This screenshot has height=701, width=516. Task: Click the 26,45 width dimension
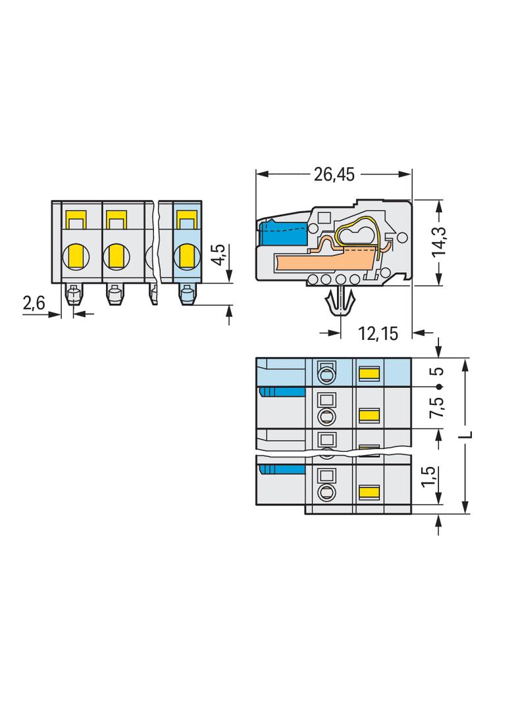click(334, 174)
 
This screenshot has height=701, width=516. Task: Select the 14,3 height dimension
click(438, 241)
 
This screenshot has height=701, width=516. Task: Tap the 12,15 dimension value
click(378, 333)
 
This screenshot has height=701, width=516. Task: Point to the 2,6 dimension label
click(34, 303)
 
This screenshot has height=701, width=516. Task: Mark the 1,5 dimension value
click(428, 477)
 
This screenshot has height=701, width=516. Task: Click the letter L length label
click(467, 434)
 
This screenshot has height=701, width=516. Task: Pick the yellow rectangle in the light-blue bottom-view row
click(370, 372)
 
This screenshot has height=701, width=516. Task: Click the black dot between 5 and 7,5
click(439, 386)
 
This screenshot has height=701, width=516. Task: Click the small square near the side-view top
click(324, 218)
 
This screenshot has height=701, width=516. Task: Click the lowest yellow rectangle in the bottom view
click(370, 493)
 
